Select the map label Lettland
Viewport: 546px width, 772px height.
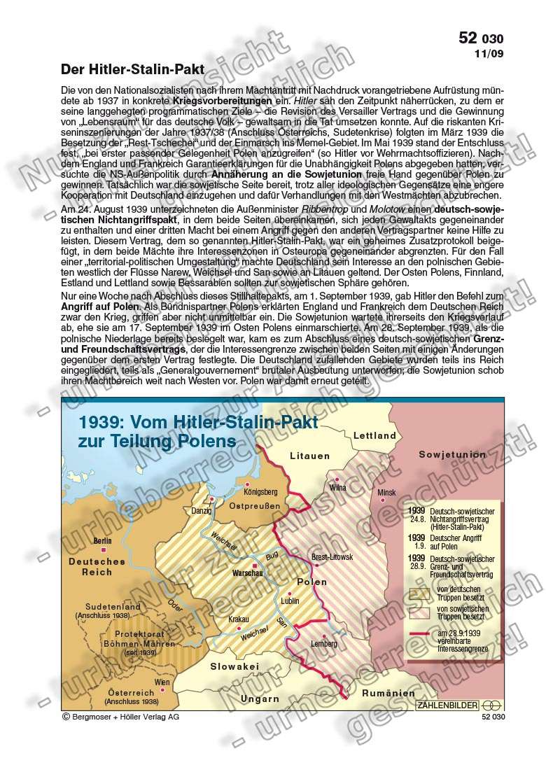click(x=375, y=435)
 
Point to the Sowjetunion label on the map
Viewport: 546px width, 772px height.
click(x=452, y=454)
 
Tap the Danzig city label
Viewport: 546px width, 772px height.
click(x=202, y=511)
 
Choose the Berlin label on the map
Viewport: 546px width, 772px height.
click(x=103, y=541)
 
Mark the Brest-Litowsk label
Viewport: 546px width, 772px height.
click(x=332, y=556)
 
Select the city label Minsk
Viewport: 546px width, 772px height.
click(x=386, y=493)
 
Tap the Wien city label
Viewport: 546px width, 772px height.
click(x=162, y=682)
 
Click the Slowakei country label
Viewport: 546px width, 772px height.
click(x=235, y=666)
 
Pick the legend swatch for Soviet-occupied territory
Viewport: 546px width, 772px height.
click(x=419, y=613)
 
